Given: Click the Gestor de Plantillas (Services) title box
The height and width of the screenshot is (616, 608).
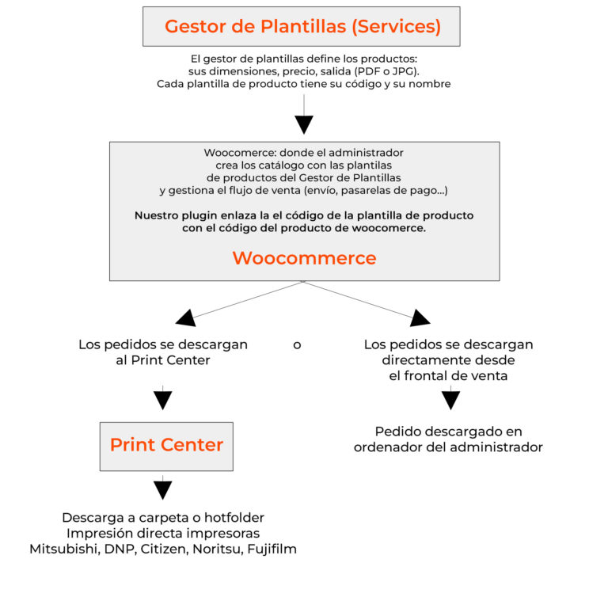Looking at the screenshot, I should tap(302, 26).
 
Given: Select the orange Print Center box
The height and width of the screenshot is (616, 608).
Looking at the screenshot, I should tap(166, 446).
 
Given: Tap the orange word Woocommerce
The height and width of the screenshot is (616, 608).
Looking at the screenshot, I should tap(304, 258).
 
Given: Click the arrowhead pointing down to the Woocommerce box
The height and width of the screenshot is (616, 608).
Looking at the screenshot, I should tap(304, 124).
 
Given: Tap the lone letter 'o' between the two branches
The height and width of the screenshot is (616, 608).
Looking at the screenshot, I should tap(297, 345).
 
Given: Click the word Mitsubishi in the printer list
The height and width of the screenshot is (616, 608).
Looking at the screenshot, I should tap(63, 549).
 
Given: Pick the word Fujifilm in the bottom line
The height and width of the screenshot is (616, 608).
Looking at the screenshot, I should tap(268, 549).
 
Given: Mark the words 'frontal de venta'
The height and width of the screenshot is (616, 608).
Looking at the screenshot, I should tap(448, 376).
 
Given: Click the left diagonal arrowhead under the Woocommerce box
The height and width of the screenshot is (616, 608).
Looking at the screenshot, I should tap(186, 318).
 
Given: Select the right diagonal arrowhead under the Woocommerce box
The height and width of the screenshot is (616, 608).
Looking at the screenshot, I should tap(420, 318).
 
